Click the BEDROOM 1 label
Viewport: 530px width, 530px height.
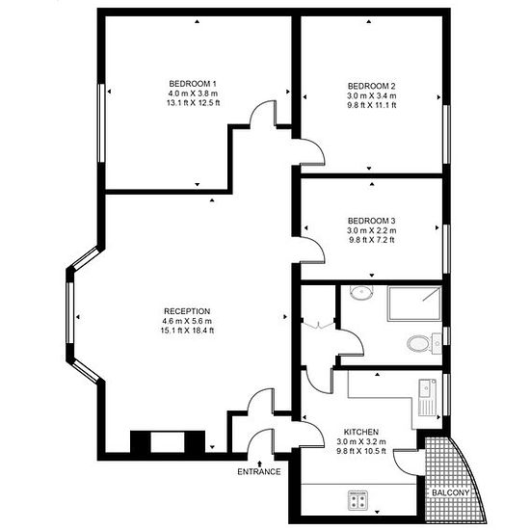click(193, 84)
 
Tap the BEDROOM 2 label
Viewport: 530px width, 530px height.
click(371, 86)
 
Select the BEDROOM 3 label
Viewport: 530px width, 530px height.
click(371, 221)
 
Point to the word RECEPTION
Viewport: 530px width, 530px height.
click(187, 311)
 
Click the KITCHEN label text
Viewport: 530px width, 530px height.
click(361, 432)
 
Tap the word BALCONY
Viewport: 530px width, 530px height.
click(451, 492)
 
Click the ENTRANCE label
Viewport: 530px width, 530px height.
click(259, 471)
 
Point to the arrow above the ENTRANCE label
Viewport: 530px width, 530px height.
click(259, 464)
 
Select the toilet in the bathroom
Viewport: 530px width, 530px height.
click(424, 344)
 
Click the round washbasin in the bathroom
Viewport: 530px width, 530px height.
click(361, 293)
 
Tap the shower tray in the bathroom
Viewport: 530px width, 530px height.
click(414, 304)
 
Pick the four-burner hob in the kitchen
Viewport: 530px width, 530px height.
click(358, 500)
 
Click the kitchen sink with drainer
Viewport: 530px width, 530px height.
click(428, 397)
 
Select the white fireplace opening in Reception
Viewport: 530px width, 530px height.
click(168, 441)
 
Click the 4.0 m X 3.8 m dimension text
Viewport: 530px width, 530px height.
click(193, 93)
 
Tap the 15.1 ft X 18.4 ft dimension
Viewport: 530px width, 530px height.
click(187, 331)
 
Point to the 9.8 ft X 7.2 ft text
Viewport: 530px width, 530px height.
click(371, 240)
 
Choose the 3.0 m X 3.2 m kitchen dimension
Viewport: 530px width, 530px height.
click(361, 441)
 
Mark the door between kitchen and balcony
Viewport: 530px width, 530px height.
click(406, 462)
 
